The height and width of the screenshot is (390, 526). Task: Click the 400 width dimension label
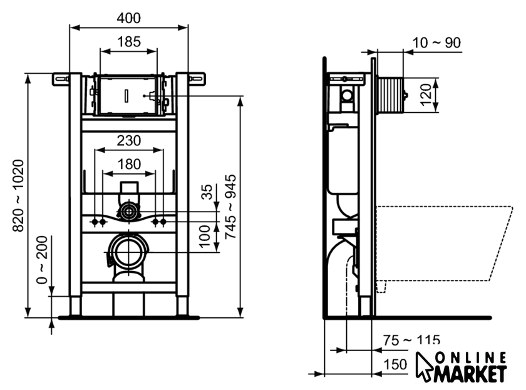129,18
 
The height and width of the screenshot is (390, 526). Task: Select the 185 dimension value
129,42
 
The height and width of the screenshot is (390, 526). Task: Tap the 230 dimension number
129,141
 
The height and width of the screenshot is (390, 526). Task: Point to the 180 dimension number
129,164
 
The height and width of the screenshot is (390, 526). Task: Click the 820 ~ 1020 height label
18,196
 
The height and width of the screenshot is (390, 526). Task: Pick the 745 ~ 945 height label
230,207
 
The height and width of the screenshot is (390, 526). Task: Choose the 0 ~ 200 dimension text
42,260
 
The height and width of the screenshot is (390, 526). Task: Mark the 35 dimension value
207,192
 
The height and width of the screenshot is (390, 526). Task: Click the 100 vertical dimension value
205,237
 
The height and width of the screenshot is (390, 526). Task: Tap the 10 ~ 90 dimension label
436,43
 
